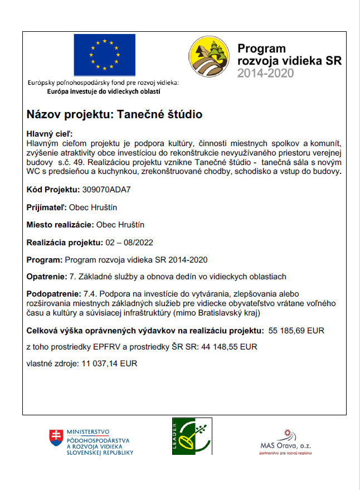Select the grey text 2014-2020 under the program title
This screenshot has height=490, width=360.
pos(265,73)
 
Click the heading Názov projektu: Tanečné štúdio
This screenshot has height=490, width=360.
pos(114,115)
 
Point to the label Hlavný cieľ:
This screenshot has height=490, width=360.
pos(50,134)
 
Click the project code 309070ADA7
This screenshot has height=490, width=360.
pos(107,189)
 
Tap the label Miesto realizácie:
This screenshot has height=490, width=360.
pos(60,225)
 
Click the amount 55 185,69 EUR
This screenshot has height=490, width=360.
pos(296,331)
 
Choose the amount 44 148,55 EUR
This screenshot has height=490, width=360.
pos(230,347)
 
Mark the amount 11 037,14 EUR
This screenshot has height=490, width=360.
pos(109,363)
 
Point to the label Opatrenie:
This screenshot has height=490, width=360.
pos(46,276)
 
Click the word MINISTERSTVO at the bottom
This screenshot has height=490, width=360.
pos(87,432)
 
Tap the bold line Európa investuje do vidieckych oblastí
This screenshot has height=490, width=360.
pos(104,90)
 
